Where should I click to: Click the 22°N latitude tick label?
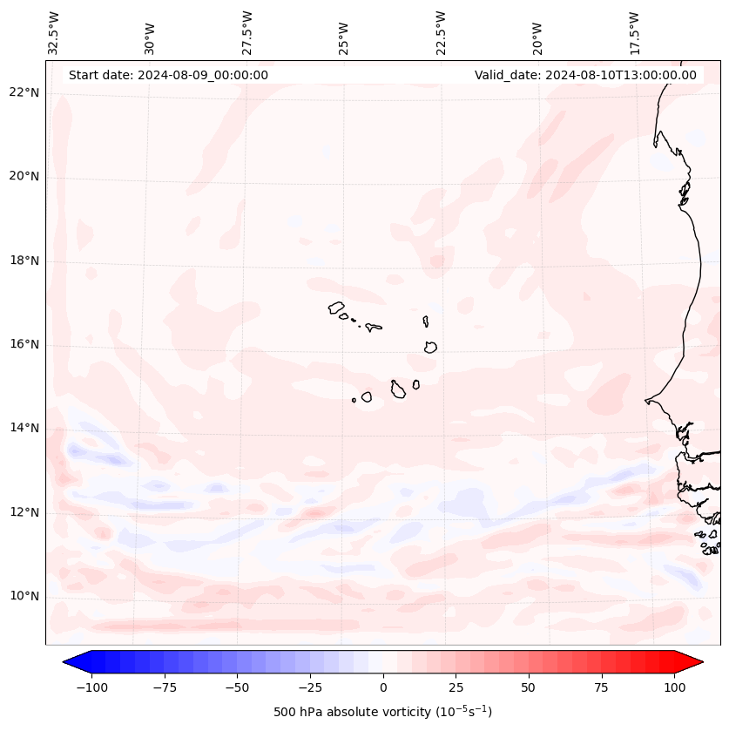[24, 93]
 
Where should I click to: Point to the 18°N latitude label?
[24, 261]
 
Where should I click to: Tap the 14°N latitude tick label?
[24, 429]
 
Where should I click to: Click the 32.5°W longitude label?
[54, 32]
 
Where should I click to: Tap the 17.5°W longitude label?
[635, 32]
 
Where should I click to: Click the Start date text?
[168, 75]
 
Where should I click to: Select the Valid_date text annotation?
[585, 75]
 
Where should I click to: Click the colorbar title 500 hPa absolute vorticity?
[382, 712]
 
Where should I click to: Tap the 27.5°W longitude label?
[247, 32]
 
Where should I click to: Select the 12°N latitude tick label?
[24, 512]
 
